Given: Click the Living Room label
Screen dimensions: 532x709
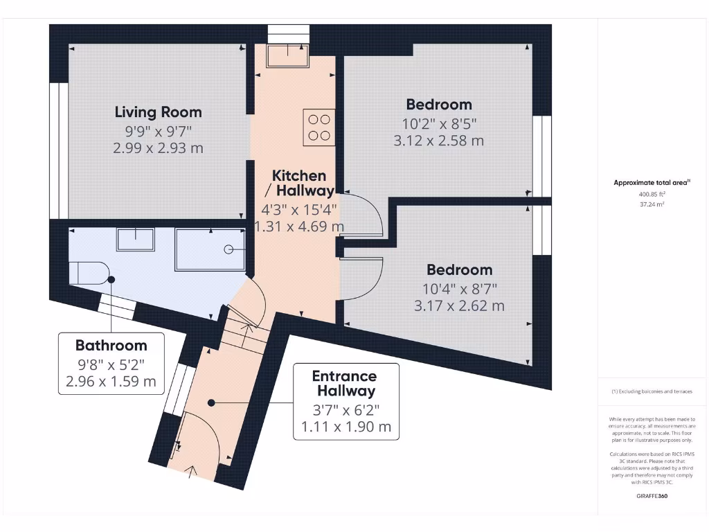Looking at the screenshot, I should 158,112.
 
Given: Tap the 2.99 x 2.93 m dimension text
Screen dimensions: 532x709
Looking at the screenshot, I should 158,148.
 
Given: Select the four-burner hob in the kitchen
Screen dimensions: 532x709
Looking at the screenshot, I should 318,127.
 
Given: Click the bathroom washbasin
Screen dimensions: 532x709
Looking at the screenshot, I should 135,239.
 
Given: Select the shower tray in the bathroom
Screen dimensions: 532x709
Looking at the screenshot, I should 210,248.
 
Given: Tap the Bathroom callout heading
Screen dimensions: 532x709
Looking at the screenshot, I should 111,345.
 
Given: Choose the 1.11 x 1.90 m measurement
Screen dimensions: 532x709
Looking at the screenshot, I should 345,427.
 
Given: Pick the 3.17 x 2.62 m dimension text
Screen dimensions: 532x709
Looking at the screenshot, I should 459,305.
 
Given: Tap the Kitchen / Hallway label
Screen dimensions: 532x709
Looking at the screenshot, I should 298,183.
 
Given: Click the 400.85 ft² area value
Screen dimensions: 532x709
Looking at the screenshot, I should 651,195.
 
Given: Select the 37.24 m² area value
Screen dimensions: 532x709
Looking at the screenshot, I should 651,205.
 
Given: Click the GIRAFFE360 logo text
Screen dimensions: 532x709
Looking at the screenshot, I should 652,496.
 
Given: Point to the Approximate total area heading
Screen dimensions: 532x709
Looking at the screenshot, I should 651,183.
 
